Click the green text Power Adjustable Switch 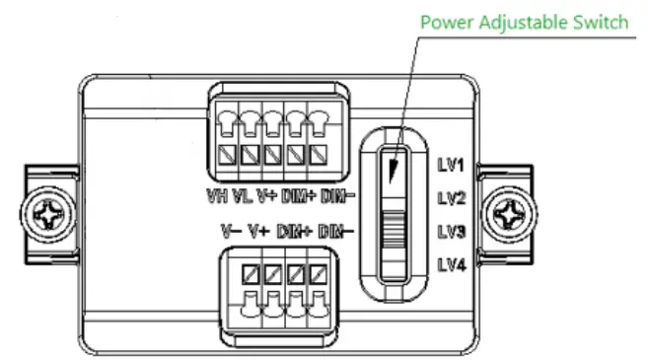point(524,22)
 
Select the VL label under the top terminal point(241,195)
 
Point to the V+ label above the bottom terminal point(258,232)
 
